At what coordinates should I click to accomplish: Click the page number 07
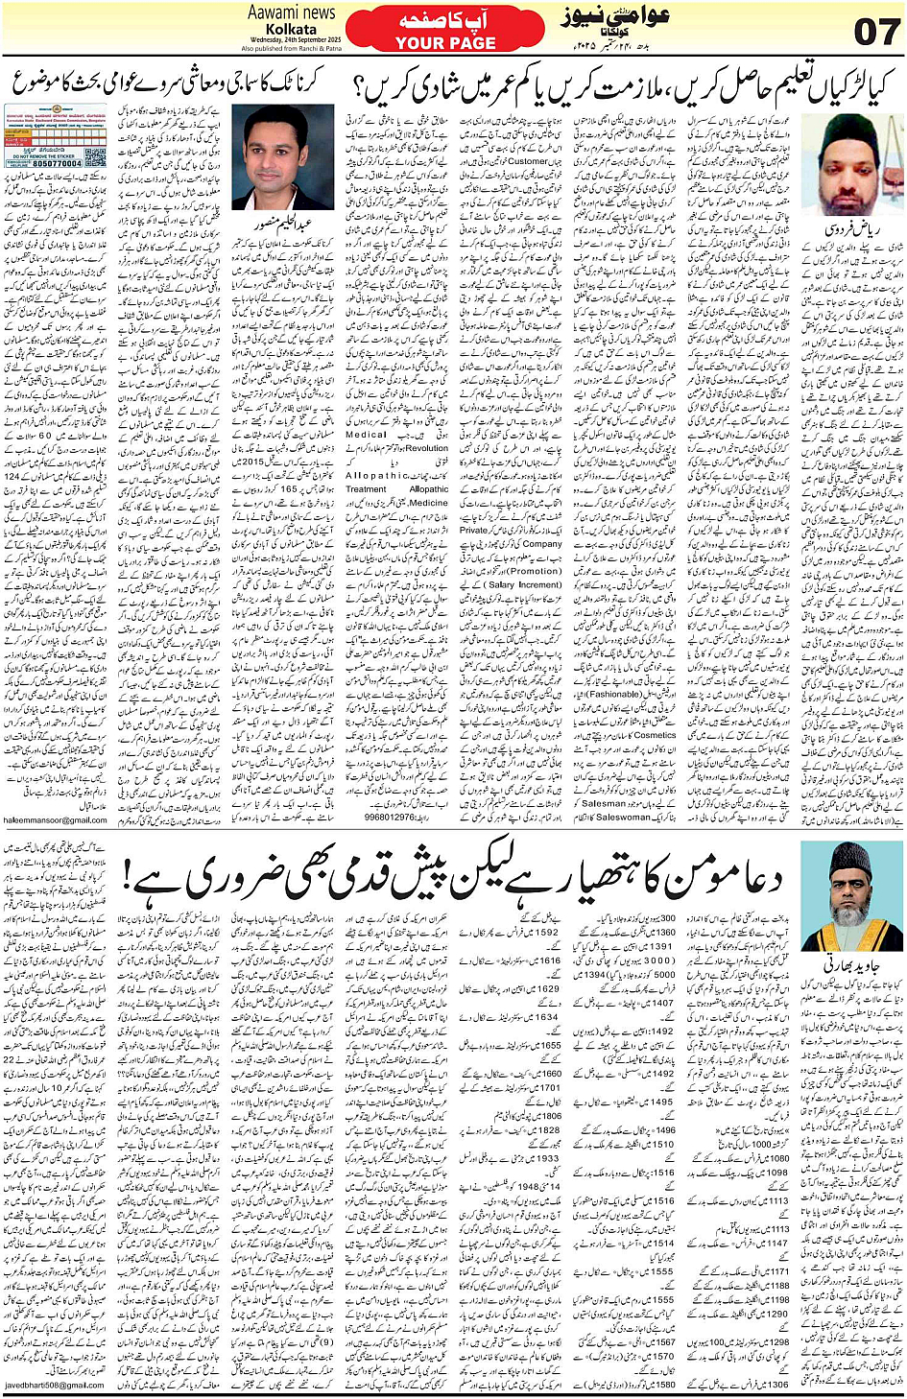875,31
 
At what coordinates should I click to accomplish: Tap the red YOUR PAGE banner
444,31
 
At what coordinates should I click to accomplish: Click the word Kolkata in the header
291,30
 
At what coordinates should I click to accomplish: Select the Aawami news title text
291,12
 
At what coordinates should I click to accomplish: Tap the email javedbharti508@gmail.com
55,1385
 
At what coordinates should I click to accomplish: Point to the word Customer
528,162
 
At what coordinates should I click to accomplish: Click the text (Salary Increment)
526,584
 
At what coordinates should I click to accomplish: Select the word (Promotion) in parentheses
536,570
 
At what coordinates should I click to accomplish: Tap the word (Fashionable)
614,694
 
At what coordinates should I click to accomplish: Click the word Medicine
428,502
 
